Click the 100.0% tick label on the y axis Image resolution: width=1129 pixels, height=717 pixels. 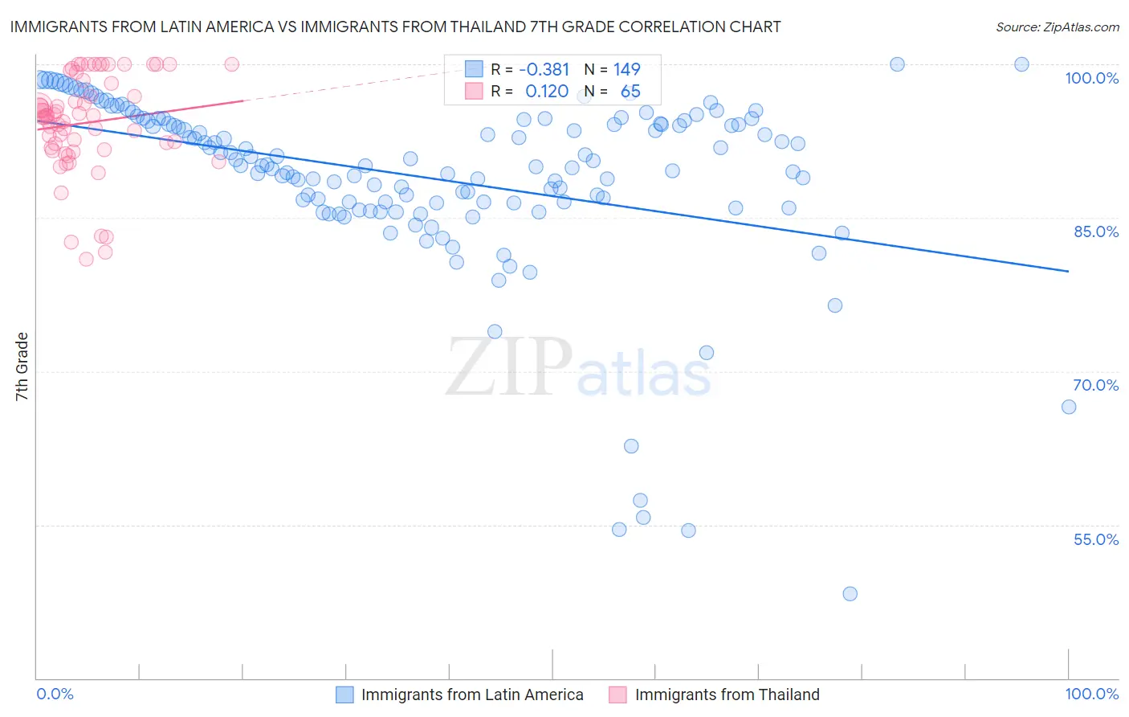pyautogui.click(x=1091, y=78)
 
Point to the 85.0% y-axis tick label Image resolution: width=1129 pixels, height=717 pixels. pyautogui.click(x=1096, y=231)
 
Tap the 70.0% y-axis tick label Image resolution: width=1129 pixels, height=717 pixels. pyautogui.click(x=1096, y=385)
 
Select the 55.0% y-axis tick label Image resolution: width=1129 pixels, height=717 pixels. pyautogui.click(x=1096, y=539)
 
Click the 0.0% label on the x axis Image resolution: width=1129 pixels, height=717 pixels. pyautogui.click(x=55, y=694)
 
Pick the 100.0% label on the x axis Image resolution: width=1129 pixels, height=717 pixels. pyautogui.click(x=1091, y=694)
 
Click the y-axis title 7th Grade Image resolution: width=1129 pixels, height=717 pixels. pyautogui.click(x=22, y=367)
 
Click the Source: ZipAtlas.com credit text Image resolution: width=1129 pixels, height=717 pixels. pyautogui.click(x=1057, y=27)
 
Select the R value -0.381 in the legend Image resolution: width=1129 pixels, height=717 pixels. pyautogui.click(x=544, y=69)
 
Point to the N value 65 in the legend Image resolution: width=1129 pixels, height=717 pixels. pyautogui.click(x=630, y=92)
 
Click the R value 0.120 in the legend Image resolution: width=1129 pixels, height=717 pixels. pyautogui.click(x=547, y=92)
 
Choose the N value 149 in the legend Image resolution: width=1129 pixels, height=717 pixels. pyautogui.click(x=626, y=69)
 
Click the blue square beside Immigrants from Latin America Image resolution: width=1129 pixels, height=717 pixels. pyautogui.click(x=344, y=694)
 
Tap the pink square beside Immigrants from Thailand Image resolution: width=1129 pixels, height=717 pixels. pyautogui.click(x=617, y=694)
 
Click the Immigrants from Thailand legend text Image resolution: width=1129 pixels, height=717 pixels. pyautogui.click(x=727, y=694)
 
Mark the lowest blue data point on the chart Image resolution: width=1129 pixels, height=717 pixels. pyautogui.click(x=850, y=594)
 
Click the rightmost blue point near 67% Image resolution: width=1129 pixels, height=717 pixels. pyautogui.click(x=1069, y=407)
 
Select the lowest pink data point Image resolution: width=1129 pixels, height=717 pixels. pyautogui.click(x=86, y=260)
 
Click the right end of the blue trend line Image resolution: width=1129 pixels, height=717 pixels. pyautogui.click(x=1069, y=272)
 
